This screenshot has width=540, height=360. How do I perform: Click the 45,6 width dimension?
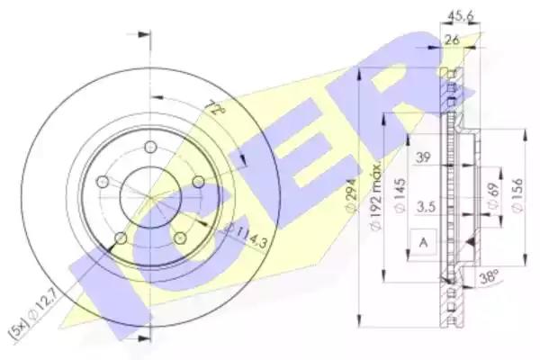pos(460,15)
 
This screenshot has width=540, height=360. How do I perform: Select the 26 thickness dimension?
pos(452,40)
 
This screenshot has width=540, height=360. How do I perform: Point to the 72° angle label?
pos(217,108)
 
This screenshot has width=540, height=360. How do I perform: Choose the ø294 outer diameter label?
pos(352,195)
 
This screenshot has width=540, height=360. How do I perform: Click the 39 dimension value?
pos(423,157)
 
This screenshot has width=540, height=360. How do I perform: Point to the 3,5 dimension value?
pos(426,207)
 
